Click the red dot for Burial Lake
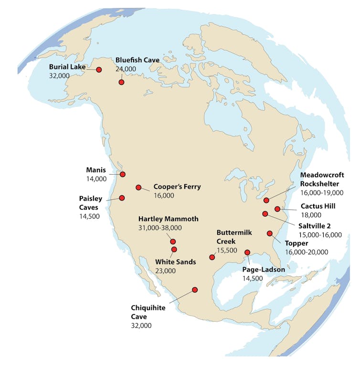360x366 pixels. (x=99, y=70)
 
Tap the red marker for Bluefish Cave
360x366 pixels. (x=121, y=83)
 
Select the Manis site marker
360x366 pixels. (x=123, y=174)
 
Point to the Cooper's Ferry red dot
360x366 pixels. (x=138, y=188)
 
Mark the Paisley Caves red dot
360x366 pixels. (x=122, y=198)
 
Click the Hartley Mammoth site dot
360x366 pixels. (x=173, y=241)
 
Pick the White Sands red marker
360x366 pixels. (x=174, y=250)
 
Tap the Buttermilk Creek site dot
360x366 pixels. (x=212, y=257)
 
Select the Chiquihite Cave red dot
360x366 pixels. (x=194, y=290)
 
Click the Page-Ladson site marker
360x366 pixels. (x=247, y=252)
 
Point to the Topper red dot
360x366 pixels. (x=270, y=233)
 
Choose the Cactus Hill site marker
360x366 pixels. (x=277, y=209)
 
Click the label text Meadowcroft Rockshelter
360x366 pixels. (x=322, y=179)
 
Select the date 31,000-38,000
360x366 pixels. (x=160, y=228)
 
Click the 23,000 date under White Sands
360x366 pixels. (x=165, y=271)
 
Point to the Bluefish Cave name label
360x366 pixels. (x=138, y=60)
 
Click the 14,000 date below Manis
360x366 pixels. (x=96, y=179)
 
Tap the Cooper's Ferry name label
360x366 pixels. (x=177, y=187)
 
